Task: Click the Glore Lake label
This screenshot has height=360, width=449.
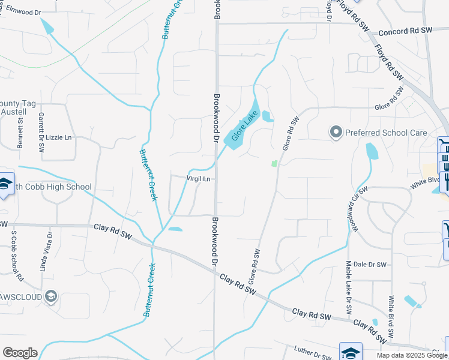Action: (x=245, y=126)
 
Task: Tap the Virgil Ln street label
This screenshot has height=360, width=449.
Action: (x=199, y=179)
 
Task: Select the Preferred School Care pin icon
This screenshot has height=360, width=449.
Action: (x=336, y=132)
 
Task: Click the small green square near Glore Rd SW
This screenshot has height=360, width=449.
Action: (x=274, y=163)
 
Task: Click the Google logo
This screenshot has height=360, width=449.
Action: (x=20, y=353)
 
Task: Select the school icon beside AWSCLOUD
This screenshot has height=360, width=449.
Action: (x=52, y=296)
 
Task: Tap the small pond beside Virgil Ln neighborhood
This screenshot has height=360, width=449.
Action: (x=175, y=229)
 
